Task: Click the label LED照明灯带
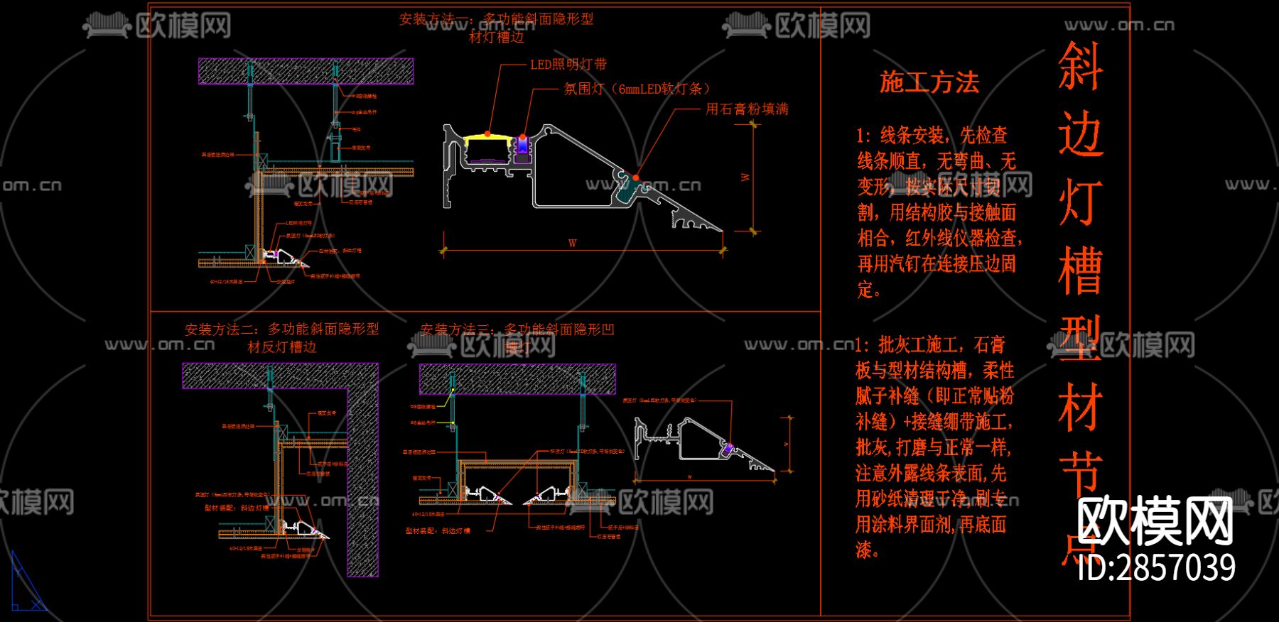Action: coord(568,65)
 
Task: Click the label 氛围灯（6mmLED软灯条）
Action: coord(637,89)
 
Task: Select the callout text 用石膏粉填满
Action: coord(747,109)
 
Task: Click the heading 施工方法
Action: coord(929,82)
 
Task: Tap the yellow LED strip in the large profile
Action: coord(487,140)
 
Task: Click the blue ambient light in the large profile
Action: coord(523,145)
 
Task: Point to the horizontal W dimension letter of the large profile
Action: coord(573,244)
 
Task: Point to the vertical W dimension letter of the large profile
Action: coord(745,177)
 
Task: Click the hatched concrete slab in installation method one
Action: coord(306,71)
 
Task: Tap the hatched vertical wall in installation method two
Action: coord(362,483)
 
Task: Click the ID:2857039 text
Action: coord(1156,568)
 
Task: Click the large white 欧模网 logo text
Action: coord(1155,521)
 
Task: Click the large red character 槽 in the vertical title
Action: coord(1080,271)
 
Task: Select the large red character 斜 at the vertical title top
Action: coord(1080,66)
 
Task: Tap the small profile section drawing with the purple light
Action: coord(703,444)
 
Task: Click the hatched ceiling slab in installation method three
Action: coord(517,379)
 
